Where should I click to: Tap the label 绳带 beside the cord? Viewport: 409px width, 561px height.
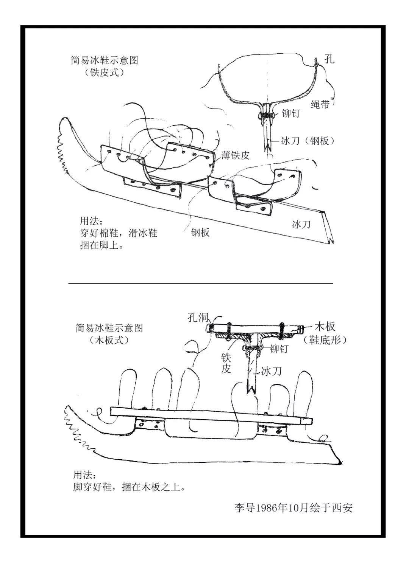tap(320, 105)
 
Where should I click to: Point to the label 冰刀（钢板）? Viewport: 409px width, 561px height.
tap(308, 141)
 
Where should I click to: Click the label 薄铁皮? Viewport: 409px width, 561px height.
tap(236, 155)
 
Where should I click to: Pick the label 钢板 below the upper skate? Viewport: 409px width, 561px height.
tap(200, 232)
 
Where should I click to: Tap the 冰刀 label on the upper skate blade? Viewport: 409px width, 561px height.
tap(301, 224)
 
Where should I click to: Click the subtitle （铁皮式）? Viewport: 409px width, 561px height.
tap(104, 72)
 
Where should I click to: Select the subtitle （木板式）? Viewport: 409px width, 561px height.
tap(109, 340)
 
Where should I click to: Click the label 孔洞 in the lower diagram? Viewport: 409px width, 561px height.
tap(199, 317)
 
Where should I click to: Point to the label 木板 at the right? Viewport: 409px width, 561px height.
tap(325, 327)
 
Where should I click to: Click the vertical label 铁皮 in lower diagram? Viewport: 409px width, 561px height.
tap(226, 363)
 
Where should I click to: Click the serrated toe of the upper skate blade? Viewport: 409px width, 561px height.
tap(61, 155)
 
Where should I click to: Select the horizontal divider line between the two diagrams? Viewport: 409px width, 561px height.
tap(200, 283)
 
